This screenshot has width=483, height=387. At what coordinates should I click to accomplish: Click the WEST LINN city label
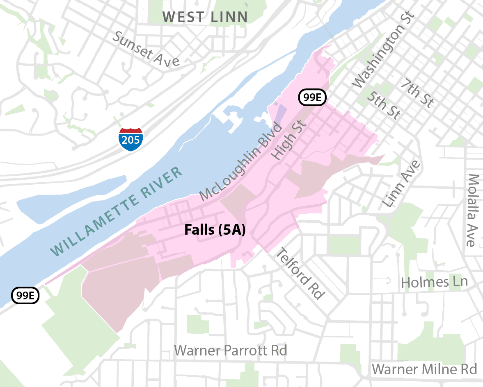(x=205, y=17)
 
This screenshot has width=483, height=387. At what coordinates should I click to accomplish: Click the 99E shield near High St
(x=313, y=97)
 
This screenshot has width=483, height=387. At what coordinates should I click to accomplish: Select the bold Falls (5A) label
(x=215, y=230)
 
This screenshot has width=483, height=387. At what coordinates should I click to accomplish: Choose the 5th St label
(x=383, y=105)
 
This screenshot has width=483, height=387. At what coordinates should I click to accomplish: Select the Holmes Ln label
(x=434, y=282)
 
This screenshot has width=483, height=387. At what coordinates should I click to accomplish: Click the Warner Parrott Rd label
(x=231, y=351)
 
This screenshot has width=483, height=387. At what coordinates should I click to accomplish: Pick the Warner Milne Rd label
(x=424, y=369)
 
